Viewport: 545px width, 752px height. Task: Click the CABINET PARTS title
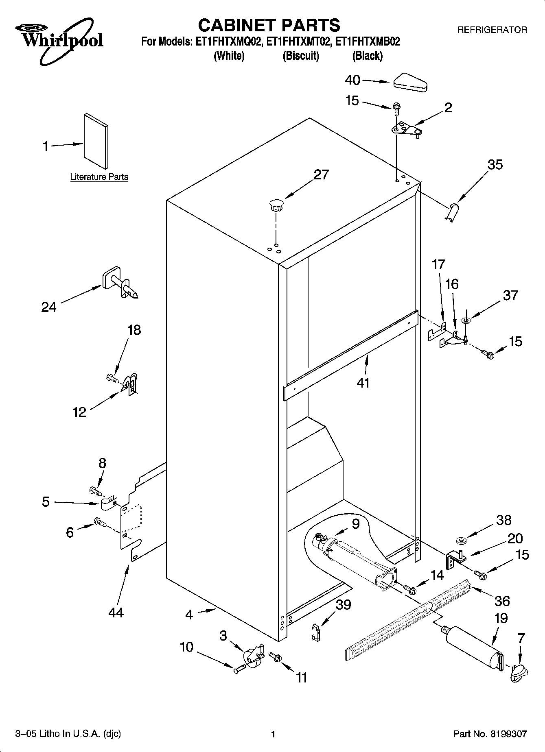(x=269, y=25)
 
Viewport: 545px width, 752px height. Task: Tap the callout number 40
(x=352, y=80)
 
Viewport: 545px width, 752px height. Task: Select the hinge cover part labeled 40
(x=410, y=81)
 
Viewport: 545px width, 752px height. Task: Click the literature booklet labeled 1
(x=96, y=141)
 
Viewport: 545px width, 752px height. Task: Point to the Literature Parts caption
(x=99, y=177)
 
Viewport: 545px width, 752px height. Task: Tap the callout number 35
(x=495, y=164)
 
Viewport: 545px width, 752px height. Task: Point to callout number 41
(x=363, y=382)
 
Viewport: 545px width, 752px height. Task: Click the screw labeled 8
(x=95, y=491)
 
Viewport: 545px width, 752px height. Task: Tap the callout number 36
(x=502, y=600)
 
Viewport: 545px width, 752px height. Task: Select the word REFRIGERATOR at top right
(x=492, y=30)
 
